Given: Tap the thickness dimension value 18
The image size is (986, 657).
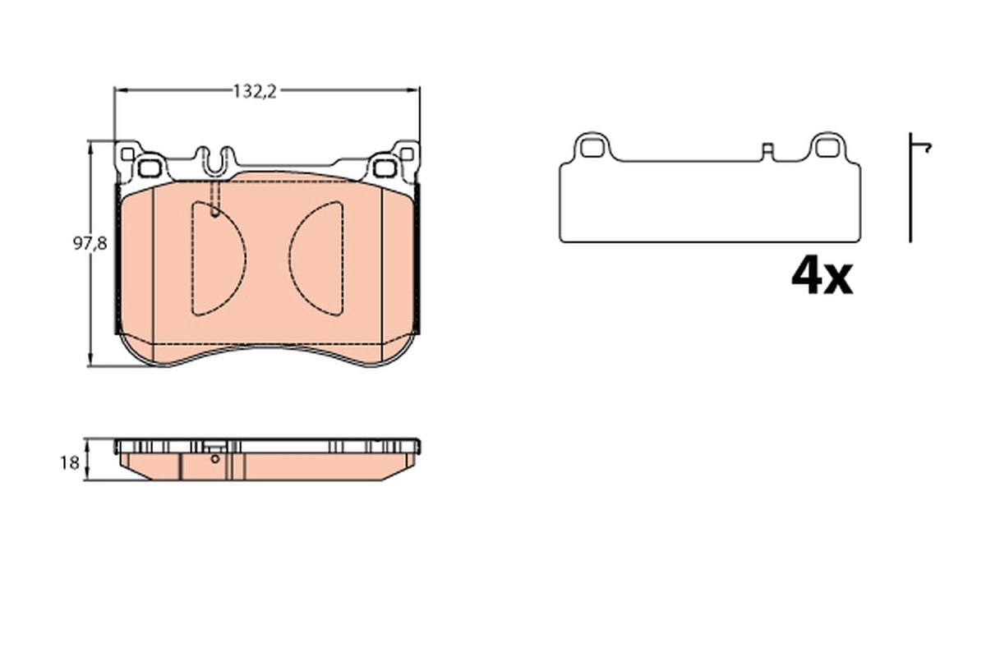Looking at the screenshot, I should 70,462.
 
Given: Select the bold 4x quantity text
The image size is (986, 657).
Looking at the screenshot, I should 821,277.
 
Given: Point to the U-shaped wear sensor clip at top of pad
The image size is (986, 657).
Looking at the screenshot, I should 215,159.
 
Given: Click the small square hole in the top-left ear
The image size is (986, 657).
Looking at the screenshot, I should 126,154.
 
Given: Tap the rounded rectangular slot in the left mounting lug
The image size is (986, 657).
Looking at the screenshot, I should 148,169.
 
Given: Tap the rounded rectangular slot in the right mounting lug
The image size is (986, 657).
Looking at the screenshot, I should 382,169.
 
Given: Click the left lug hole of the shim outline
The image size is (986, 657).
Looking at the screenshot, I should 591,147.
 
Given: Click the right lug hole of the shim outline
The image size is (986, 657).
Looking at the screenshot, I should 826,147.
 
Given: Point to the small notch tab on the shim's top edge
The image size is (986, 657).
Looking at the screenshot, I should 767,150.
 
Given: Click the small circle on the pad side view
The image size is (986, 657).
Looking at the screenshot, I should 215,459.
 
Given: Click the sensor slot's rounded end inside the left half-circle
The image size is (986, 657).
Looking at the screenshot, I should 215,212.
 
